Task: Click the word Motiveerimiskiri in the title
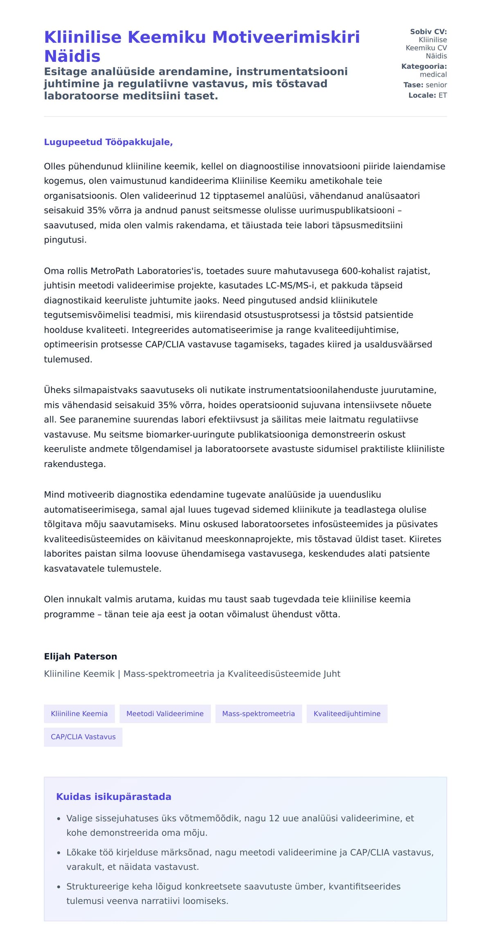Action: click(x=286, y=37)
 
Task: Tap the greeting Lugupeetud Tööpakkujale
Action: click(x=108, y=142)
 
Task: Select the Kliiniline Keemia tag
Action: click(x=79, y=714)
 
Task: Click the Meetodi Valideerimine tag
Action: click(x=165, y=714)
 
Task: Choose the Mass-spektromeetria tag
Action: click(x=258, y=714)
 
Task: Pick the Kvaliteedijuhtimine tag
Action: click(x=347, y=714)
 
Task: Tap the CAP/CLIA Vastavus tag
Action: click(x=83, y=737)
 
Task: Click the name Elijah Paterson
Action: click(x=81, y=657)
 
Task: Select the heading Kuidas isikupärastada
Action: click(x=114, y=797)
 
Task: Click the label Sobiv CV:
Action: click(x=428, y=32)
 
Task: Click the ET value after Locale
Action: click(x=443, y=95)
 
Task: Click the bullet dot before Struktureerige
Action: click(x=59, y=887)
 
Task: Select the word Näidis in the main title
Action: click(x=72, y=56)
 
